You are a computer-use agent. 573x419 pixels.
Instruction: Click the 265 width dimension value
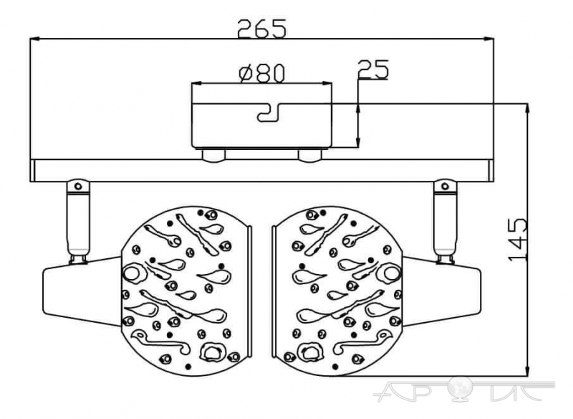point(261,29)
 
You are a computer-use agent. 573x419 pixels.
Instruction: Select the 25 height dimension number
point(373,70)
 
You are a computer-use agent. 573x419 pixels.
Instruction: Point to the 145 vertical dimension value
point(517,240)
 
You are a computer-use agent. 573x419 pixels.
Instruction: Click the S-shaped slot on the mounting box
point(269,113)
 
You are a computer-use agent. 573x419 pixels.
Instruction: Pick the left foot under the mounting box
point(214,155)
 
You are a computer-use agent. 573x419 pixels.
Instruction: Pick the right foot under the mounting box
point(310,155)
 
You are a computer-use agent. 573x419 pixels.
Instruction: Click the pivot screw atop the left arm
point(78,186)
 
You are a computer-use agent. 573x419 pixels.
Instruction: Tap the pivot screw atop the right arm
point(445,186)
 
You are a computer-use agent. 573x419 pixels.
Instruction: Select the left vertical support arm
point(78,221)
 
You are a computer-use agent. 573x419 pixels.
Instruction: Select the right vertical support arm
point(445,221)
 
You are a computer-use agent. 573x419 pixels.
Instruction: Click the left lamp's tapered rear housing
point(82,291)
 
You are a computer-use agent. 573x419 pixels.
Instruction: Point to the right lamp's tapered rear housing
point(442,291)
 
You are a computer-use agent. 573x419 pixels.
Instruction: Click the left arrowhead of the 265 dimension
point(34,39)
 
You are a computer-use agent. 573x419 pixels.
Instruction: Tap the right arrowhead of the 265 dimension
point(489,39)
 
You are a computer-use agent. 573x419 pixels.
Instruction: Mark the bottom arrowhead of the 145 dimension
point(527,370)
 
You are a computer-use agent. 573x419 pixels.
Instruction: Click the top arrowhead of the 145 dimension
point(527,109)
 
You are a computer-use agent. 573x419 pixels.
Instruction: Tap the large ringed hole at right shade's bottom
point(311,352)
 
